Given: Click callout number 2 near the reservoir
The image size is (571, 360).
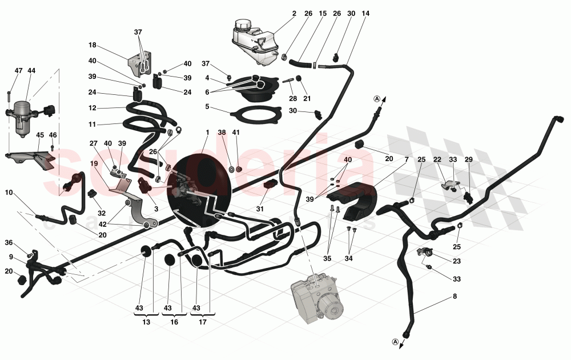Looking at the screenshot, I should pyautogui.click(x=295, y=13).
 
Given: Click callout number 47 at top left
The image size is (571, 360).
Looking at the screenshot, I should pyautogui.click(x=18, y=70).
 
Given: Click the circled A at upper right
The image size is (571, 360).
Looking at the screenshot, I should pyautogui.click(x=377, y=98).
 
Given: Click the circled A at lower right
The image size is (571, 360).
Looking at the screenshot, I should pyautogui.click(x=395, y=342).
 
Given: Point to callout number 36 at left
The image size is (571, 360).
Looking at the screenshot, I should pyautogui.click(x=9, y=242).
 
